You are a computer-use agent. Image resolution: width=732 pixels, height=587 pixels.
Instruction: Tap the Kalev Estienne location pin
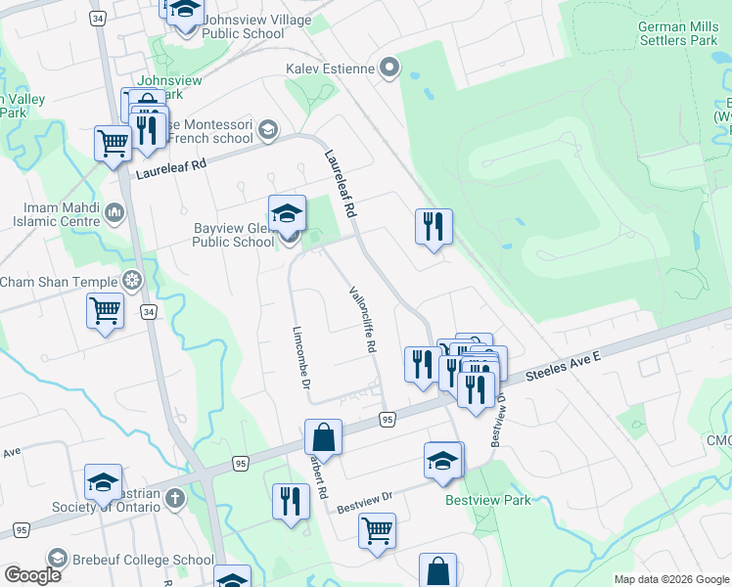(390, 68)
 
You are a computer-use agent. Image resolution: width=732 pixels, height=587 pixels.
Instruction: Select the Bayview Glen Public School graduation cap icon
(287, 213)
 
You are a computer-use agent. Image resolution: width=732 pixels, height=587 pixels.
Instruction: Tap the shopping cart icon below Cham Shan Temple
(106, 312)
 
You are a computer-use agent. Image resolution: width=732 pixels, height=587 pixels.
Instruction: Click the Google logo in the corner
(32, 575)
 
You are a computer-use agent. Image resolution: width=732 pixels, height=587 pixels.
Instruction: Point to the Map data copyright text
(670, 579)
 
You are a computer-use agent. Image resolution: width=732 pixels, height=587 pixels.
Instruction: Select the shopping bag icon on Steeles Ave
(323, 436)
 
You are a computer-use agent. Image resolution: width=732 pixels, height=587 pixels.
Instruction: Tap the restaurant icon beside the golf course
(432, 227)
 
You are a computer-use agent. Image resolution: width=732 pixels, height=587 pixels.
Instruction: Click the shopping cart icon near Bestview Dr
(377, 530)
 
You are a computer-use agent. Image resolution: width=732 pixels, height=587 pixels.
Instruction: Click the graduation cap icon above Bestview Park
(443, 460)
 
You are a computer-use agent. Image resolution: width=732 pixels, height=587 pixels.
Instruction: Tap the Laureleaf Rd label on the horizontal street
(171, 164)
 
